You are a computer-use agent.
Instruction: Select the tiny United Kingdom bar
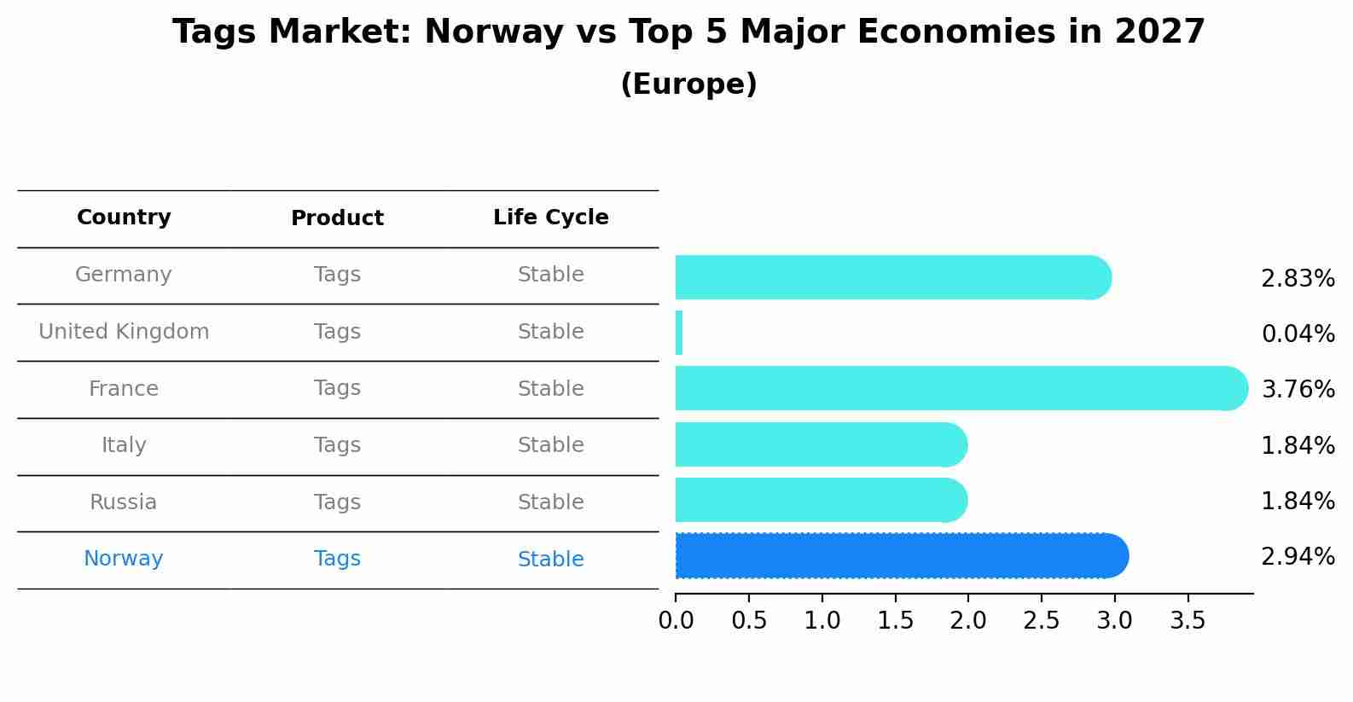coord(679,333)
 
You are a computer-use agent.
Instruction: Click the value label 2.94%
coord(1298,557)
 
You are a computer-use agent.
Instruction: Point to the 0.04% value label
coord(1298,334)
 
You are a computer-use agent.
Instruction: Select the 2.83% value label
coord(1298,279)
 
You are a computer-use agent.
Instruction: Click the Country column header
coord(124,218)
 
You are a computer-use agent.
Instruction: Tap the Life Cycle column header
coord(550,218)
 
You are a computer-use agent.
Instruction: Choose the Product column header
coord(337,218)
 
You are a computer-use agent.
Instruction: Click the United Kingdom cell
coord(124,332)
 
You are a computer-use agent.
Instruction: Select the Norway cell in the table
coord(124,559)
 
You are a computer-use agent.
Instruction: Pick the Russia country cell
coord(124,502)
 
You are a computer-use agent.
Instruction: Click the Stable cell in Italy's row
coord(550,445)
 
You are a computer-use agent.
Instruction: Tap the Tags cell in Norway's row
coord(337,559)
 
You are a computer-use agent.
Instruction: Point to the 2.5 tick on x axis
coord(1042,621)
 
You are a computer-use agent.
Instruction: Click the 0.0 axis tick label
coord(676,621)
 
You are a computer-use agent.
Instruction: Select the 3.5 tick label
coord(1188,621)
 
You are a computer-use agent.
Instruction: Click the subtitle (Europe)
coord(688,84)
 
